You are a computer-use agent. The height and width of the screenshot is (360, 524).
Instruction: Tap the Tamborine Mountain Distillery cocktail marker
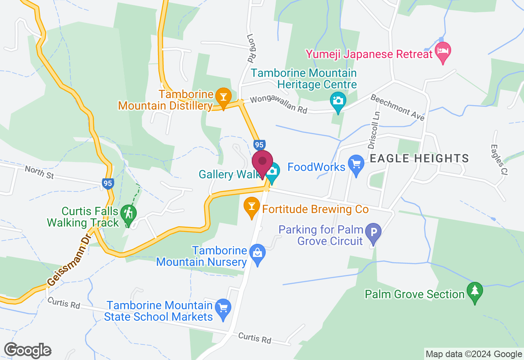(223, 97)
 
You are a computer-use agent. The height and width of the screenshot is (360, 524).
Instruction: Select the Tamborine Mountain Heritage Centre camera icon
(338, 99)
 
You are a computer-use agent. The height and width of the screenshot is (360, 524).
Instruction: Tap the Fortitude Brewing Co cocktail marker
(252, 207)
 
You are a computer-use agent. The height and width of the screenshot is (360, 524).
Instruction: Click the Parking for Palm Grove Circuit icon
(373, 232)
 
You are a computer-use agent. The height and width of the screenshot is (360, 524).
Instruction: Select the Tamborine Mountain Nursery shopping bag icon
(257, 253)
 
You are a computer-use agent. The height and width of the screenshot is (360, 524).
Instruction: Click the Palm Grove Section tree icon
(474, 291)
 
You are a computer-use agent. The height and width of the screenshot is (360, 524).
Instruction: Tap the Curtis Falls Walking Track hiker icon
(129, 214)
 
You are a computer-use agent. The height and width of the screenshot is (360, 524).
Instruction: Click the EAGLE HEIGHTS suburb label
(420, 158)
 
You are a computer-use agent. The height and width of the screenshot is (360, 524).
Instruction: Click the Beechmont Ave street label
(397, 107)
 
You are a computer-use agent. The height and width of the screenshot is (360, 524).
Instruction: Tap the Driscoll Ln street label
(374, 130)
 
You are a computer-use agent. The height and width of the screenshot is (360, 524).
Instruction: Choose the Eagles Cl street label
(498, 160)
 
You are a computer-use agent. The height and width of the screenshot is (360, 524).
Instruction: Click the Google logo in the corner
(28, 350)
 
